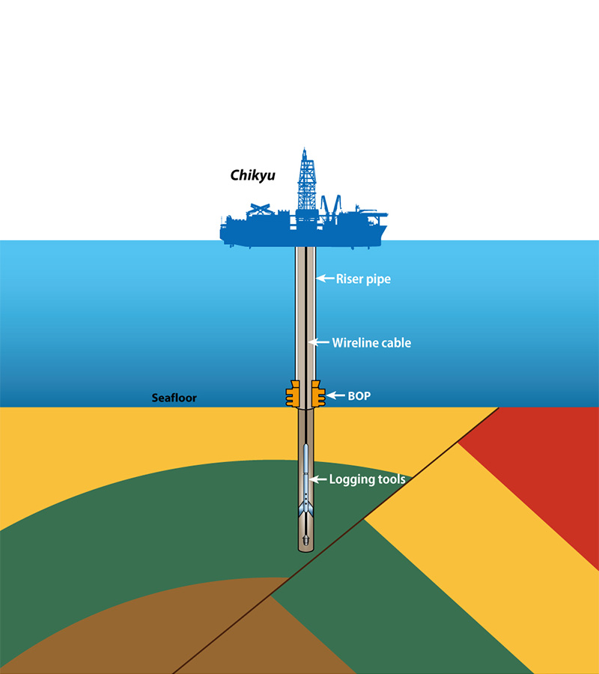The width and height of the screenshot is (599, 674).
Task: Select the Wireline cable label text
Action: pos(371,343)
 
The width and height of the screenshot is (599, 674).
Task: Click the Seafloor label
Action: pos(174,398)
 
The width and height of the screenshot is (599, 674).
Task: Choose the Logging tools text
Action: pos(367,479)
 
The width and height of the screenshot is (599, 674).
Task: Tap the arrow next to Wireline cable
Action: pos(320,343)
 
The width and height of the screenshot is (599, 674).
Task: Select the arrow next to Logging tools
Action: pos(317,479)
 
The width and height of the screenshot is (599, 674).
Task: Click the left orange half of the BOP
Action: pos(292,394)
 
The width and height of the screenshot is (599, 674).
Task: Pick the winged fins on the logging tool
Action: pos(307,508)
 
